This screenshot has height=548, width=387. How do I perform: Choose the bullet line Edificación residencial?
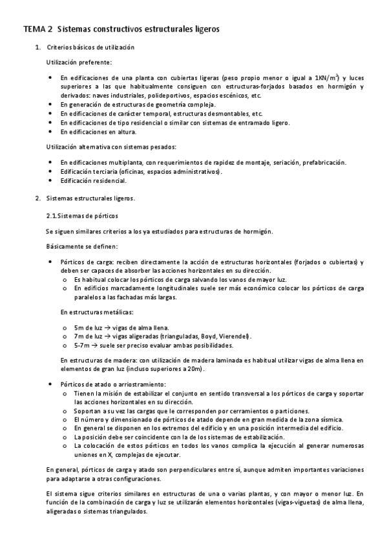pyautogui.click(x=94, y=180)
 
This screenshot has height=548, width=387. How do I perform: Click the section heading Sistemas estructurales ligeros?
pyautogui.click(x=91, y=198)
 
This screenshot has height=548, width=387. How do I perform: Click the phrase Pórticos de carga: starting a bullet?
pyautogui.click(x=83, y=262)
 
